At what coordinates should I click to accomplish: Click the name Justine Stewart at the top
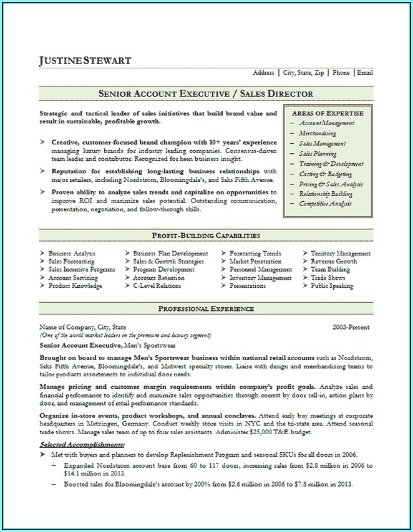tap(85, 60)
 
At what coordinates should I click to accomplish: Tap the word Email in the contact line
tap(364, 73)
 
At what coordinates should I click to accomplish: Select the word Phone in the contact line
tap(341, 73)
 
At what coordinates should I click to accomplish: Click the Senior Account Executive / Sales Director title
tap(206, 94)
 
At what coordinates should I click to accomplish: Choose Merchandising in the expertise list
tap(317, 133)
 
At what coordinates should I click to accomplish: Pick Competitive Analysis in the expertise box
tap(325, 204)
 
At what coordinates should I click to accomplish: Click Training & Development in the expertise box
tap(331, 164)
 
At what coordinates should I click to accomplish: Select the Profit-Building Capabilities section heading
tap(206, 235)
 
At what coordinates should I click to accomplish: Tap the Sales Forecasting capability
tap(71, 262)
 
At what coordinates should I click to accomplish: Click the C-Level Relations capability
tap(157, 286)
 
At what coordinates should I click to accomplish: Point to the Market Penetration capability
tap(256, 262)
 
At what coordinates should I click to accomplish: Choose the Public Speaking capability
tap(332, 286)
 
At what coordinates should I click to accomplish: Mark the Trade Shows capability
tap(328, 278)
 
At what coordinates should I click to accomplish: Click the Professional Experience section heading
tap(206, 308)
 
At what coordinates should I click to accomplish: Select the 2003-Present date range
tap(351, 327)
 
